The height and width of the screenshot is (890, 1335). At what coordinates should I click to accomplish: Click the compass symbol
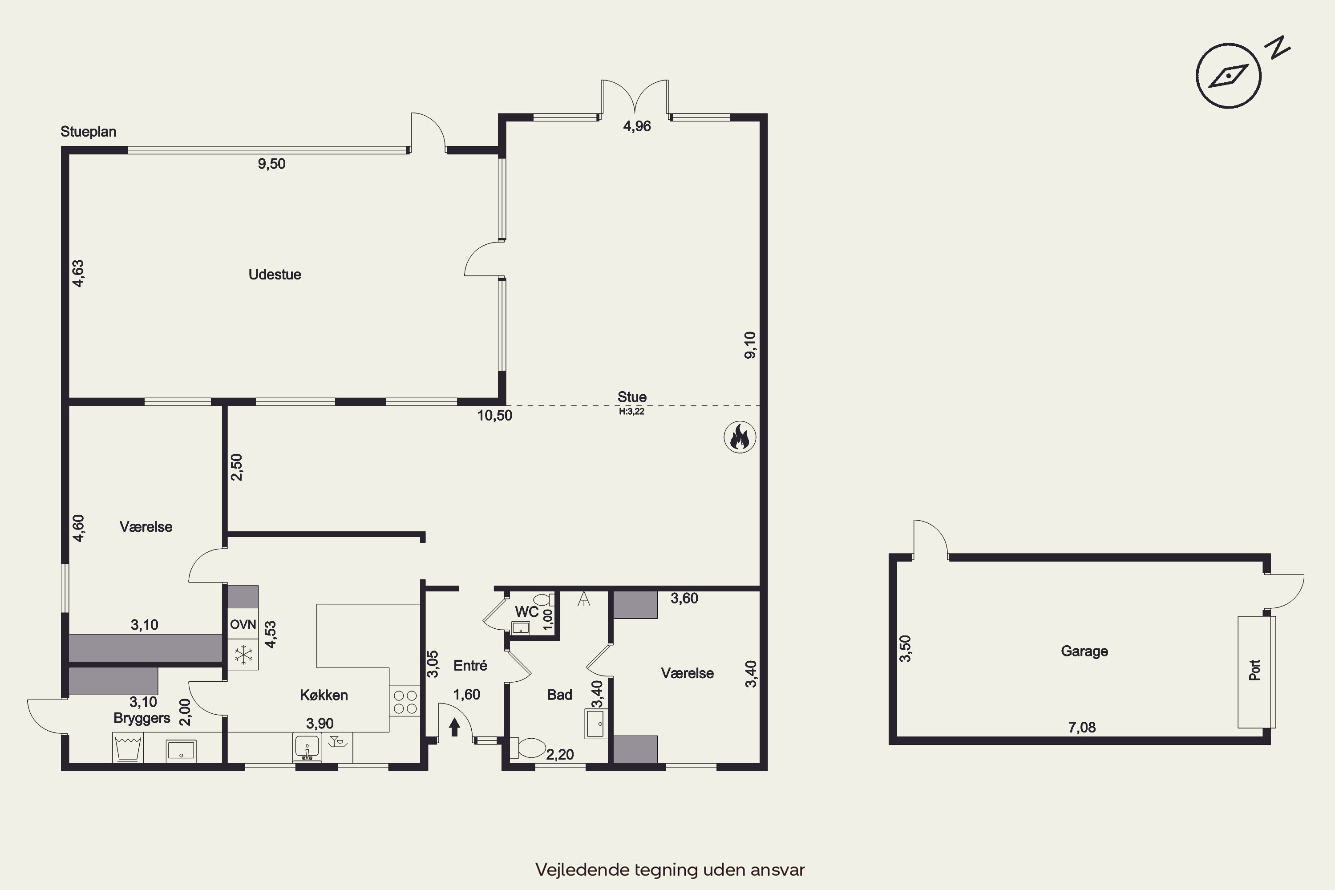[x=1228, y=76]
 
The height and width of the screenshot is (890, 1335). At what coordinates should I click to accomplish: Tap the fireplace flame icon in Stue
[x=740, y=437]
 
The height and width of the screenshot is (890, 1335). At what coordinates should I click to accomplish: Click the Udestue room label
[x=275, y=275]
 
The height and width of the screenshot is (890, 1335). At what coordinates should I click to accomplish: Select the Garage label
[x=1084, y=651]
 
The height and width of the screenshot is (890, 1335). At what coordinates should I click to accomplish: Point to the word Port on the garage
[x=1254, y=670]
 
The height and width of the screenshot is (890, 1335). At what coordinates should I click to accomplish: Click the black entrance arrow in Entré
[x=454, y=727]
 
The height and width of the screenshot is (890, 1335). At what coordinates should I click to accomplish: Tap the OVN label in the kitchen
[x=243, y=624]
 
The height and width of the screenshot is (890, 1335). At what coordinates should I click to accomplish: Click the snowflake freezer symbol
[x=243, y=655]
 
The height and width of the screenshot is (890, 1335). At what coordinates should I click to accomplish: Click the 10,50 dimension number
[x=494, y=416]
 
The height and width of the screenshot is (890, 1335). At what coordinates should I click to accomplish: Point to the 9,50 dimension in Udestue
[x=271, y=164]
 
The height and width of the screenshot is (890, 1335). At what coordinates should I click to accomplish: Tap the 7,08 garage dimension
[x=1082, y=727]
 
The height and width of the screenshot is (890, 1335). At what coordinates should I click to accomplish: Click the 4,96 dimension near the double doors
[x=637, y=126]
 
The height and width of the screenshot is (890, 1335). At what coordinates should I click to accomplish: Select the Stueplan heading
[x=89, y=132]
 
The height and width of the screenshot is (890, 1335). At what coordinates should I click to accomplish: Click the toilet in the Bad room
[x=527, y=748]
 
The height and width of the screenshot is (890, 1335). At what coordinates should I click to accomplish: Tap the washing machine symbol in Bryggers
[x=128, y=748]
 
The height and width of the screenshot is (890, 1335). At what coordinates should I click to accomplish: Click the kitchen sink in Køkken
[x=307, y=747]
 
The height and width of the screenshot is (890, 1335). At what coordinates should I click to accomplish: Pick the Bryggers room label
[x=142, y=718]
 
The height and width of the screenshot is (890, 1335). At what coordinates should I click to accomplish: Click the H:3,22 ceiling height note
[x=632, y=412]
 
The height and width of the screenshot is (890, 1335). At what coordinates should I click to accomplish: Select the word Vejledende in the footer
[x=583, y=870]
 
